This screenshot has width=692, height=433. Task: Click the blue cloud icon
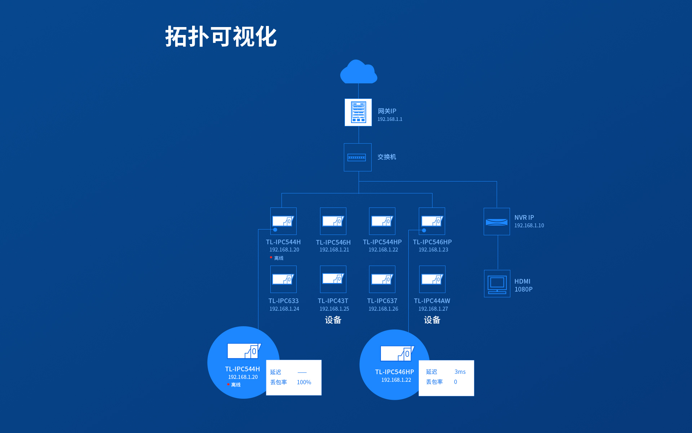(x=358, y=72)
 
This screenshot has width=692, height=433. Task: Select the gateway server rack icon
(x=358, y=112)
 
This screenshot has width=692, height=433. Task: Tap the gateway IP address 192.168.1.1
(x=390, y=119)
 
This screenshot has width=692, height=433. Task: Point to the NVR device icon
(x=497, y=222)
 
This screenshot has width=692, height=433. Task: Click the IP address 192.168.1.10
(x=529, y=226)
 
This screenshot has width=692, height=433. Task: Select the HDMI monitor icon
(x=497, y=284)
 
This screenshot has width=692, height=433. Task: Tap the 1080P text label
(x=523, y=289)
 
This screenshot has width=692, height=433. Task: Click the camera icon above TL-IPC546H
(x=333, y=221)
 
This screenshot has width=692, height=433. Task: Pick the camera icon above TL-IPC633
(x=283, y=279)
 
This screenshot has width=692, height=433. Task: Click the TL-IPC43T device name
(x=333, y=301)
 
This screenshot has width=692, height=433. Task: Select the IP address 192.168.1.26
(x=383, y=309)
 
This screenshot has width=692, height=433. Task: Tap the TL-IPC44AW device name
(x=432, y=301)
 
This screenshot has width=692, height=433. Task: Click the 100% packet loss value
(x=304, y=382)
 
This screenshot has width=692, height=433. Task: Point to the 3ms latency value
(x=460, y=372)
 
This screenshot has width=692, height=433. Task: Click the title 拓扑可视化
(x=221, y=37)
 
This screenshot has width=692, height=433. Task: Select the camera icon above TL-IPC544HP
(x=382, y=221)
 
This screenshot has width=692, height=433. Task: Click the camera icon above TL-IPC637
(x=382, y=279)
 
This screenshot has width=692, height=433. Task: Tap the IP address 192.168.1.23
(x=433, y=250)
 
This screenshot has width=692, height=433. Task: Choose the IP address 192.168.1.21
(x=334, y=250)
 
